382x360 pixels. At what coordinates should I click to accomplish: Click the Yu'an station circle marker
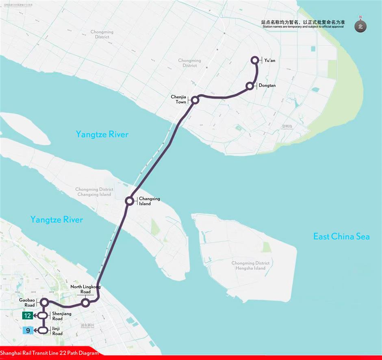(x=255, y=60)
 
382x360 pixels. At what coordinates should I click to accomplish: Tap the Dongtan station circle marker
(x=250, y=86)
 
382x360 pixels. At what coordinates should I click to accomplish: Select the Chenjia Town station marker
(x=195, y=100)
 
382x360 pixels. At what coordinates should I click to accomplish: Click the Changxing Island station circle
(x=129, y=201)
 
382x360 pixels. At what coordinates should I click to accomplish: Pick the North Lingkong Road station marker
(x=85, y=303)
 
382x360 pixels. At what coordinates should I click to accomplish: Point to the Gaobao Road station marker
(x=44, y=302)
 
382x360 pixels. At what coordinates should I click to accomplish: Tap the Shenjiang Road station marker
(x=44, y=316)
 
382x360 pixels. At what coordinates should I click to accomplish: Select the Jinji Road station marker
(x=44, y=330)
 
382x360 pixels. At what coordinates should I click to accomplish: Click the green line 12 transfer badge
(x=28, y=316)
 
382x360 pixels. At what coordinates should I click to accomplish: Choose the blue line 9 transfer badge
(x=28, y=330)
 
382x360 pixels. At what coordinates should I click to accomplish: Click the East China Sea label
(x=341, y=236)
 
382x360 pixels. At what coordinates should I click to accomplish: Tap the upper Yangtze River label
(x=102, y=134)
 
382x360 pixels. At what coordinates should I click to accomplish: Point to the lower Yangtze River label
(x=56, y=220)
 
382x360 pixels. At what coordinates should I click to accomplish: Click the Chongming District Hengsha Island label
(x=250, y=266)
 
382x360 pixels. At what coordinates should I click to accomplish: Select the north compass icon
(x=360, y=26)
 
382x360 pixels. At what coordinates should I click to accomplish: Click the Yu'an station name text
(x=270, y=61)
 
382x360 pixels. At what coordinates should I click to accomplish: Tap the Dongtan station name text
(x=267, y=86)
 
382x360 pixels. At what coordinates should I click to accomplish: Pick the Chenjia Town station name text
(x=178, y=100)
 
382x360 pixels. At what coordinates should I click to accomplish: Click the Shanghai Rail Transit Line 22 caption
(x=50, y=353)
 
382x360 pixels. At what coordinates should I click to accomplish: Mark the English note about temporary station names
(x=303, y=27)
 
